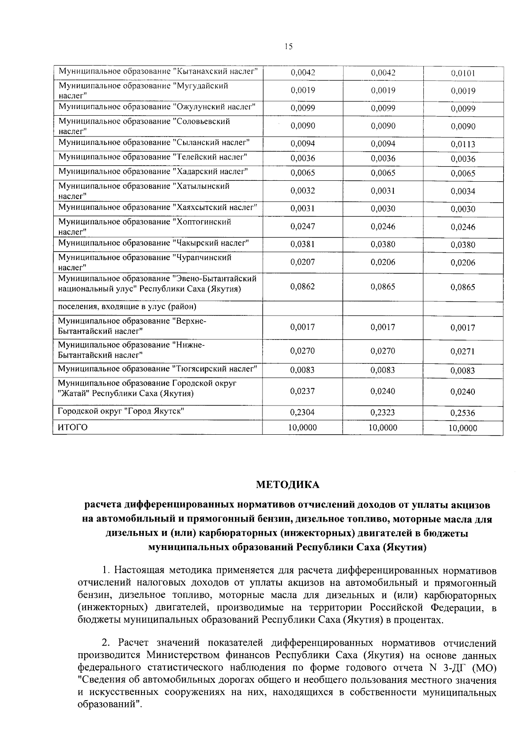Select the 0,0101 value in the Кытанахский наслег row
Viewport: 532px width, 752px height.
[463, 74]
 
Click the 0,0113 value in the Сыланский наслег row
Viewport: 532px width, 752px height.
[463, 144]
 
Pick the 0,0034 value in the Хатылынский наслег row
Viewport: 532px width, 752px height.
[463, 191]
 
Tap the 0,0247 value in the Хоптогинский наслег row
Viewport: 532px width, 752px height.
[303, 226]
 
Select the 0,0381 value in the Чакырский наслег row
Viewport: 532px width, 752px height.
[303, 244]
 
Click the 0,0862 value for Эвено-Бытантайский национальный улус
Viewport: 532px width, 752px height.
[303, 287]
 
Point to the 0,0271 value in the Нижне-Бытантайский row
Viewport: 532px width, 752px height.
[463, 351]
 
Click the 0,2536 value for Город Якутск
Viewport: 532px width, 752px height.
[463, 413]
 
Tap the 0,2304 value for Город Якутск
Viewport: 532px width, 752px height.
[303, 413]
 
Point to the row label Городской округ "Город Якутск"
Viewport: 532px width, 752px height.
[121, 411]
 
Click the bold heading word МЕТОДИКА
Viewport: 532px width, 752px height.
[288, 485]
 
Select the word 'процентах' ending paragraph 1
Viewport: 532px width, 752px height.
[417, 620]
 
